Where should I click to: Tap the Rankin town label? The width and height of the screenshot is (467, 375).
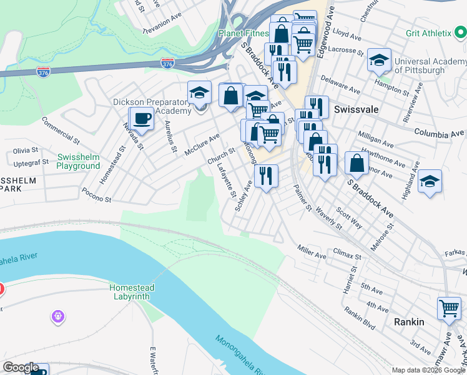(x=409, y=322)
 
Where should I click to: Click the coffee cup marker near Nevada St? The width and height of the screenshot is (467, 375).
(x=142, y=119)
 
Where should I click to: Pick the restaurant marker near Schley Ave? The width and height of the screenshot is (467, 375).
(x=266, y=176)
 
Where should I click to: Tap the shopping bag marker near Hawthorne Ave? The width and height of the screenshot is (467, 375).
(x=356, y=164)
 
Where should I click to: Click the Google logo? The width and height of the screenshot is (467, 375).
(x=21, y=367)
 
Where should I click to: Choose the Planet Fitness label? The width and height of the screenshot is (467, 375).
(x=243, y=33)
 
